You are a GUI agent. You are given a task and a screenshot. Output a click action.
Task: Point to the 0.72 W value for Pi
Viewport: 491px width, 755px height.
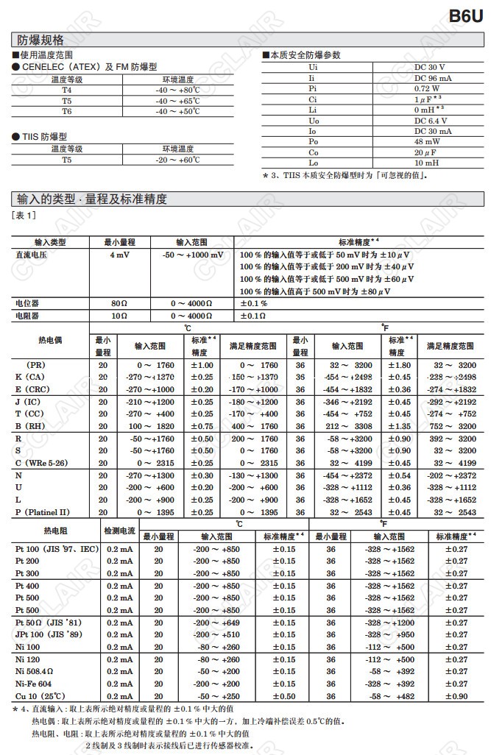(427, 88)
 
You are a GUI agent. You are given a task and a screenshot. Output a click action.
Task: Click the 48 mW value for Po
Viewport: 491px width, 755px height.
(427, 141)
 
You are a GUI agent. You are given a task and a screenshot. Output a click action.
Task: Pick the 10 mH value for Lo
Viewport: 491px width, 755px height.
(427, 163)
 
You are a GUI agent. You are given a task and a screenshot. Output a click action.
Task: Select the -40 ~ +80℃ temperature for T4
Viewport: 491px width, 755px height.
(177, 89)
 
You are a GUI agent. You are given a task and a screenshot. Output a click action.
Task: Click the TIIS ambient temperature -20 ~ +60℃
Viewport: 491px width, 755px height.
(177, 160)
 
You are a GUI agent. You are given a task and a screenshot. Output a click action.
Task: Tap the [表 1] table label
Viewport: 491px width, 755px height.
(24, 215)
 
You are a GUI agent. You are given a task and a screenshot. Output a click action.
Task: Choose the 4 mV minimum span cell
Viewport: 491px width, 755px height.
(119, 255)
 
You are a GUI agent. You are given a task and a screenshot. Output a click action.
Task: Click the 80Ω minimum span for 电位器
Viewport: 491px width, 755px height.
(119, 303)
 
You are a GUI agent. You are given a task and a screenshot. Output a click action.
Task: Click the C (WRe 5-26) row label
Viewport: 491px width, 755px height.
(43, 463)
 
